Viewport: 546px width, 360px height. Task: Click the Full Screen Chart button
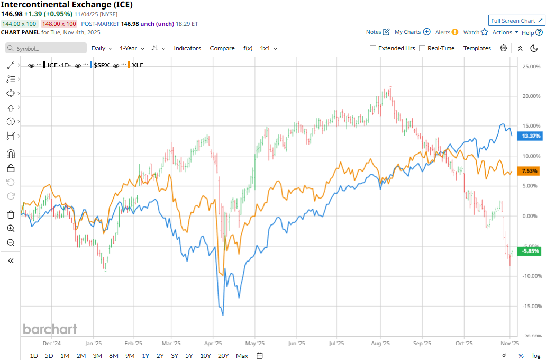(516, 21)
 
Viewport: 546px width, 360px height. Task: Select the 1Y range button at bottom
(145, 355)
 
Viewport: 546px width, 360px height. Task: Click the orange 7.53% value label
(530, 171)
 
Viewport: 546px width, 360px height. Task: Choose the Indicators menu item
(187, 48)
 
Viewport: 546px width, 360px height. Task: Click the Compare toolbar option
(222, 48)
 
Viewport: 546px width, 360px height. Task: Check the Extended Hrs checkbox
(373, 48)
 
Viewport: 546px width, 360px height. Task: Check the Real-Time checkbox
(422, 48)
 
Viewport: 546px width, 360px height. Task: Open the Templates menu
(477, 48)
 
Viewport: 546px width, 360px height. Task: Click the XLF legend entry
(138, 65)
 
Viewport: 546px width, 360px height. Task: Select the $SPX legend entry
(101, 65)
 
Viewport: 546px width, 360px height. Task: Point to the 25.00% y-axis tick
(531, 67)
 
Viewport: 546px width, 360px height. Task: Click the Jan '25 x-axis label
(93, 343)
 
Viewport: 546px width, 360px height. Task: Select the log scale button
(536, 355)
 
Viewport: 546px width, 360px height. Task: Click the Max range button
(242, 355)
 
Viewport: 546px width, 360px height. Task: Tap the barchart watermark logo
(50, 329)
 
